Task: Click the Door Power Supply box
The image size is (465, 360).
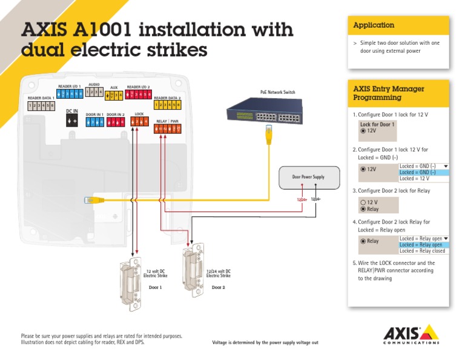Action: pos(308,177)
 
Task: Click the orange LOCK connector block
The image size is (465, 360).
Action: pos(139,122)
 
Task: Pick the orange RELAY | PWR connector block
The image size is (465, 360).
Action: pos(167,128)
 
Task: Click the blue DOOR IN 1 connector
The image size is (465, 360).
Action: pos(94,122)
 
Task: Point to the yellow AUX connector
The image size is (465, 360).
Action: pos(114,96)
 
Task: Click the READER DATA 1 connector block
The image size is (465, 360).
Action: pos(41,106)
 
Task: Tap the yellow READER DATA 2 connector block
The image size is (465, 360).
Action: pos(167,105)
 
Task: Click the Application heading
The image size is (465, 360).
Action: pos(374,25)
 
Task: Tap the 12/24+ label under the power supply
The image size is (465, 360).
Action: pos(302,199)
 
